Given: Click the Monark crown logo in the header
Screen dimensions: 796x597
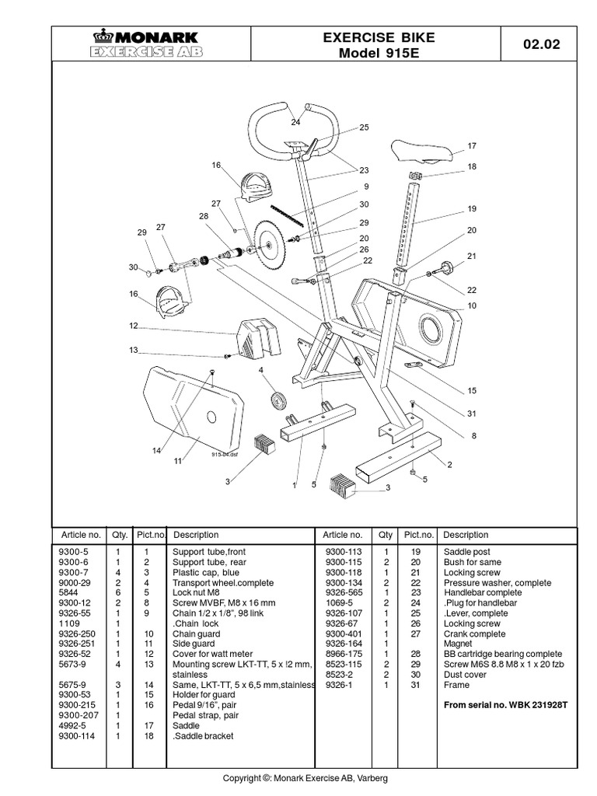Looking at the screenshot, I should [102, 36].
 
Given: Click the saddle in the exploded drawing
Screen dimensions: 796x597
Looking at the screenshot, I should [419, 149].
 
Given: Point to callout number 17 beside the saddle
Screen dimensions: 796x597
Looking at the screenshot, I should [471, 145].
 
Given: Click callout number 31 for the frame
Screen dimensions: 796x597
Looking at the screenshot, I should [472, 413].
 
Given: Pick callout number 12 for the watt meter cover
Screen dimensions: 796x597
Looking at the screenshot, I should [133, 326].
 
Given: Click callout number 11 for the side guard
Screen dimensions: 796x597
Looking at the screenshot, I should [177, 460].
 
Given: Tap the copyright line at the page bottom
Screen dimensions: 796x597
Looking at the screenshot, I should [305, 778].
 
